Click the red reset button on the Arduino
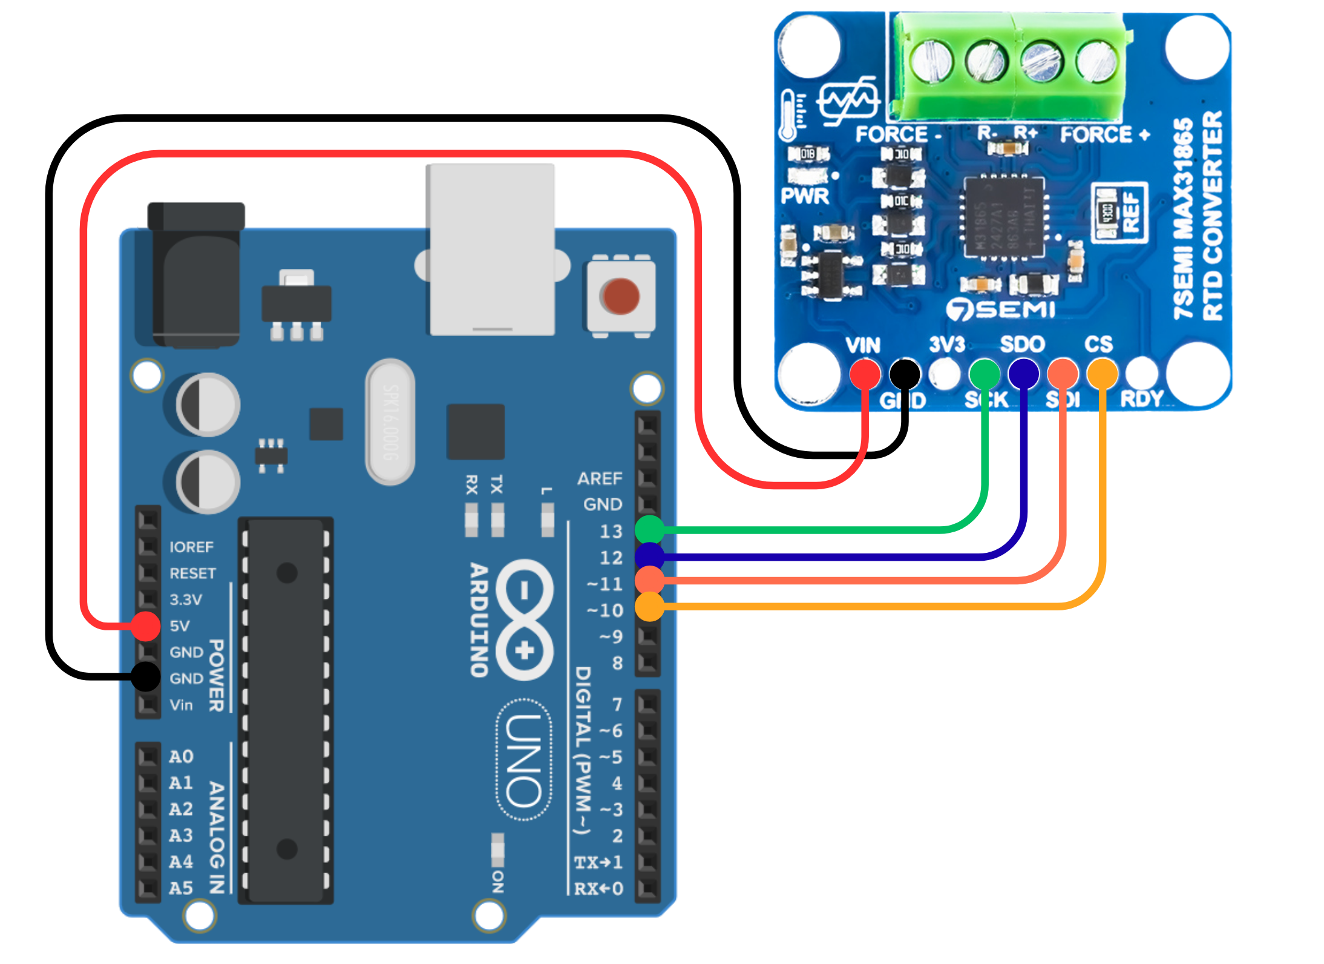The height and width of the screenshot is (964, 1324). (x=620, y=296)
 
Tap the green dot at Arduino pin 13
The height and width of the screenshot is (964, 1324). (x=650, y=530)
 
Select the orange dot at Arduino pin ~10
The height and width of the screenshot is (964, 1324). (x=650, y=607)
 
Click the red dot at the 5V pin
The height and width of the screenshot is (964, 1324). (x=146, y=626)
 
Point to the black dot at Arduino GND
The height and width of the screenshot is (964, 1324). (x=146, y=676)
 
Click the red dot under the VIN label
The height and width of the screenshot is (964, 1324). (x=865, y=374)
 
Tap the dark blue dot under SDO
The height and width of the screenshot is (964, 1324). (x=1023, y=373)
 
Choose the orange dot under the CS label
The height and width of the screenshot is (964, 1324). (x=1102, y=374)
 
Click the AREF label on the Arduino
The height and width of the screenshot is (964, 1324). (x=600, y=479)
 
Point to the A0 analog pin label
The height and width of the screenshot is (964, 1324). (x=181, y=757)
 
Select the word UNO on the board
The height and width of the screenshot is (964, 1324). (x=524, y=761)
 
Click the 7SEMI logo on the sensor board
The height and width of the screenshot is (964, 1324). (x=1001, y=309)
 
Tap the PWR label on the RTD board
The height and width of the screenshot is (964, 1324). (x=805, y=196)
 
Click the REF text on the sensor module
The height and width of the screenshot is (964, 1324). (x=1130, y=212)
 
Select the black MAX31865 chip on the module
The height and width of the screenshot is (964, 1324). (x=1004, y=217)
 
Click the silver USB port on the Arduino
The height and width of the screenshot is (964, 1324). (x=490, y=249)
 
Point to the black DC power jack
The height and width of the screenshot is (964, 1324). (x=195, y=276)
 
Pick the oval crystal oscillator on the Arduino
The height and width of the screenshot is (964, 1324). (x=390, y=421)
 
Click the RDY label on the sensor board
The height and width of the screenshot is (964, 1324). (x=1142, y=399)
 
